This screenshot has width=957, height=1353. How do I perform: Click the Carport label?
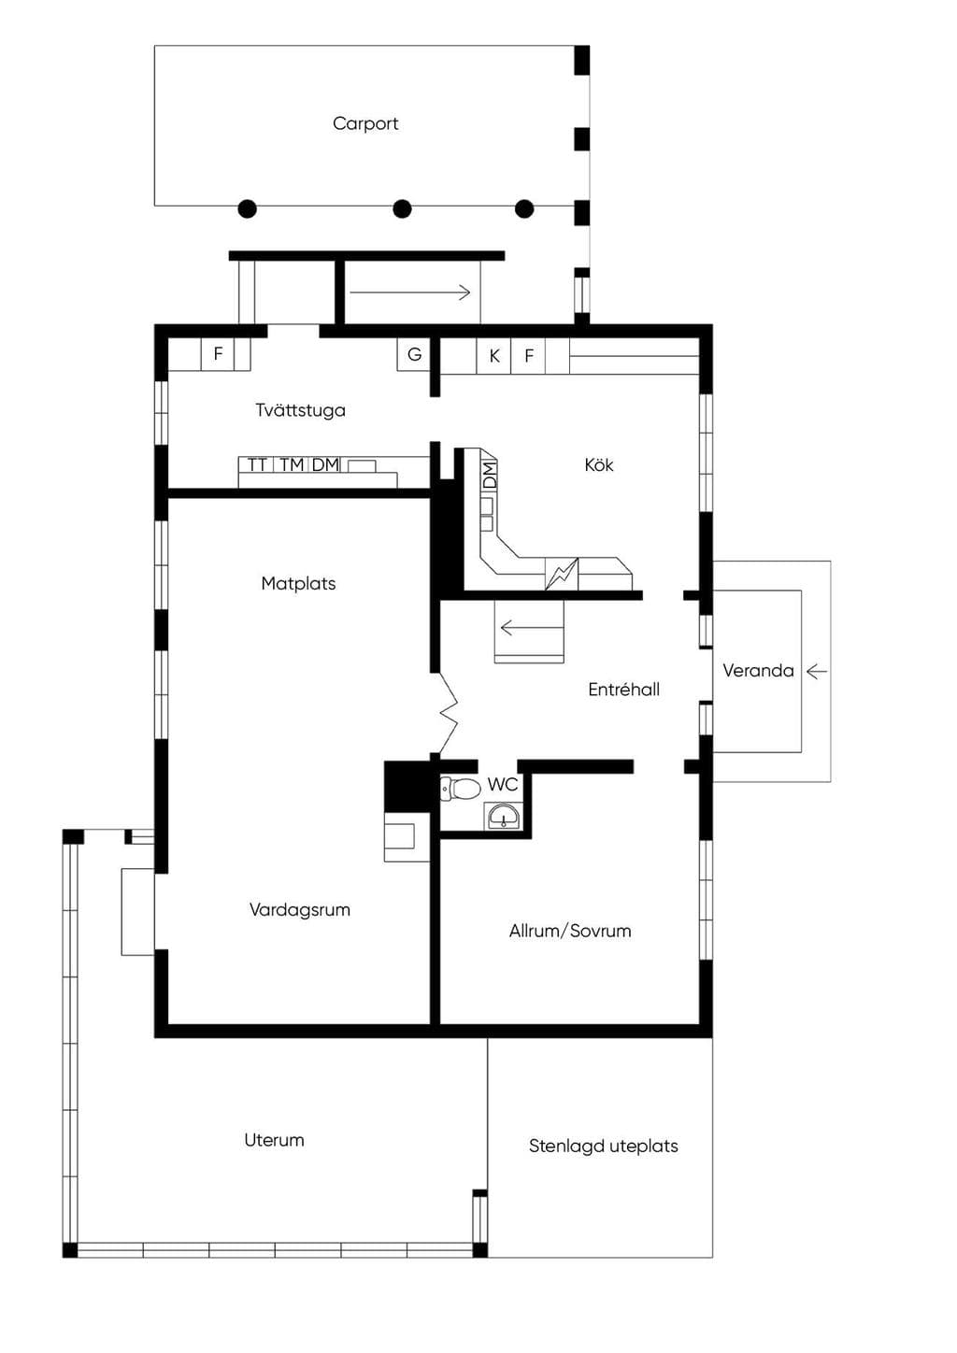coord(365,124)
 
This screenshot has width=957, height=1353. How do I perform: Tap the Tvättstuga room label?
coord(300,410)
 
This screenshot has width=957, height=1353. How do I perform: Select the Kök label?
coord(599,465)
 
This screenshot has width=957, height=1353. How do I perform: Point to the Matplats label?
coord(298,583)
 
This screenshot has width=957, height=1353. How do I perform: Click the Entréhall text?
coord(623,690)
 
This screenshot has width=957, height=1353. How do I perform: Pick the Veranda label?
coord(758,671)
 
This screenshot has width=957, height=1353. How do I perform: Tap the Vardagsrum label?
coord(300,910)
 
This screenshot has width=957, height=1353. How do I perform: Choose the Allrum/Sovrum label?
coord(570,931)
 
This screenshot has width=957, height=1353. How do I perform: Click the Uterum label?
coord(274,1140)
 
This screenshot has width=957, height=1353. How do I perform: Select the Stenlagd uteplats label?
coord(603,1146)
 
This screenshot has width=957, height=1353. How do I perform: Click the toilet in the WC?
coord(460,789)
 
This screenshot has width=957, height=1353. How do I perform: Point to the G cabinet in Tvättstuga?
coord(414,354)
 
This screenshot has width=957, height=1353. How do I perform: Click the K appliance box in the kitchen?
coord(494,356)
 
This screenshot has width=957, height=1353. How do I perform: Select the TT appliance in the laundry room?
coord(257,464)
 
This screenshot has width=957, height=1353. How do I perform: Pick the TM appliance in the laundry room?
coord(292,464)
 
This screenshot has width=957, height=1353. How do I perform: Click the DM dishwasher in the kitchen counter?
coord(490,476)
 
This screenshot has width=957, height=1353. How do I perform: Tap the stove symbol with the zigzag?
coord(562,573)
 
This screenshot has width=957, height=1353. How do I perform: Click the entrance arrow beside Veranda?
coord(817,671)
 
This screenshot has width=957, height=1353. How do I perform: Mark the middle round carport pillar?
coord(403,209)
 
